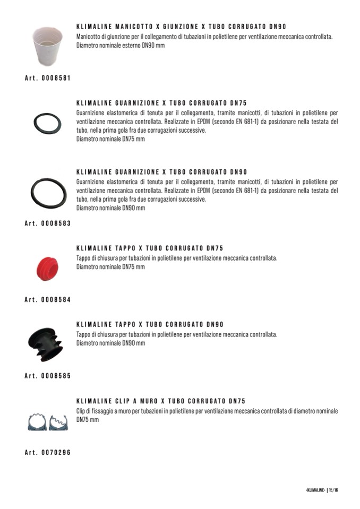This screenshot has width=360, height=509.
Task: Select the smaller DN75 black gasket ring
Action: pos(47,124)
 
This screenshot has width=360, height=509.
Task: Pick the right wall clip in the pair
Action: pos(59,422)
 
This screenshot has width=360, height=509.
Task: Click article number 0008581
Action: pos(48,77)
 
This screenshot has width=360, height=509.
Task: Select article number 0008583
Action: pos(48,223)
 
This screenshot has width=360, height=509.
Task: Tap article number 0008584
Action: pos(48,300)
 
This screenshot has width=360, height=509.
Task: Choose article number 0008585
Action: pos(48,376)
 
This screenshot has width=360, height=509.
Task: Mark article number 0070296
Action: pos(48,452)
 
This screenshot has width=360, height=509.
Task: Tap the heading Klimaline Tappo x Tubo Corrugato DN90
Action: pos(150,324)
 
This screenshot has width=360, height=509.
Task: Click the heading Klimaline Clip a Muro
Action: pos(160,401)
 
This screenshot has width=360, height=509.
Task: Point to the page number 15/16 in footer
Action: pos(333,490)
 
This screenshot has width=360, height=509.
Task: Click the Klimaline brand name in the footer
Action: pos(315,490)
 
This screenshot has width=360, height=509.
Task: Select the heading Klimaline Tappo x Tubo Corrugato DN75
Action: pos(150,248)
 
